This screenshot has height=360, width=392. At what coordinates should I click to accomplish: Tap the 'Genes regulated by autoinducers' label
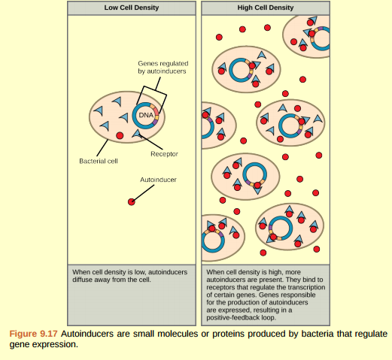click(x=162, y=67)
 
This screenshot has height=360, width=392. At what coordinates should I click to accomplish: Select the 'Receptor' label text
click(x=164, y=153)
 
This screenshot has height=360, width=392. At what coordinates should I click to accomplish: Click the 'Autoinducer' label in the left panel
click(x=158, y=180)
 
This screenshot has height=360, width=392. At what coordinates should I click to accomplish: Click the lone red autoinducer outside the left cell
click(x=131, y=201)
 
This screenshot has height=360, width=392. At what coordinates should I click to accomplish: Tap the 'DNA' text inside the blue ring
click(x=146, y=115)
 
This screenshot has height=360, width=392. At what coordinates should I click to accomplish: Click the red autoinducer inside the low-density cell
click(x=120, y=135)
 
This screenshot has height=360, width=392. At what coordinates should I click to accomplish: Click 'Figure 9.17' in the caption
click(x=32, y=332)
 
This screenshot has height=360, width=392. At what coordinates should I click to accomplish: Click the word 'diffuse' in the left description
click(x=83, y=279)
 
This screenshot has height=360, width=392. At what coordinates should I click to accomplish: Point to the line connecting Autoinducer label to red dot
click(x=144, y=193)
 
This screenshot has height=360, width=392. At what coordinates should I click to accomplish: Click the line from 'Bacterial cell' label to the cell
click(x=98, y=150)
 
